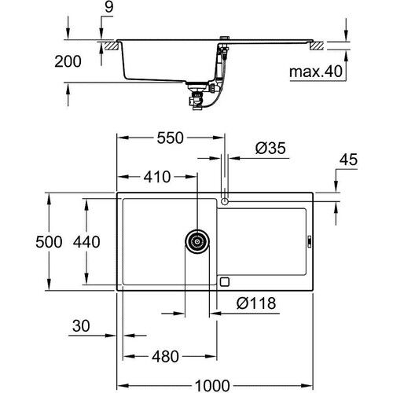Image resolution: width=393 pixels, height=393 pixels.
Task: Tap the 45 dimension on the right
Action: coord(348,160)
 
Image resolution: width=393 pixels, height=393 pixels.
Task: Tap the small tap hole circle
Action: coord(225,202)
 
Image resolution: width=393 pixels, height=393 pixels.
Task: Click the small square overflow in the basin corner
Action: coord(225,281)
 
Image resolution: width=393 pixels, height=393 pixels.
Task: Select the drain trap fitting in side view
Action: coord(193,97)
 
